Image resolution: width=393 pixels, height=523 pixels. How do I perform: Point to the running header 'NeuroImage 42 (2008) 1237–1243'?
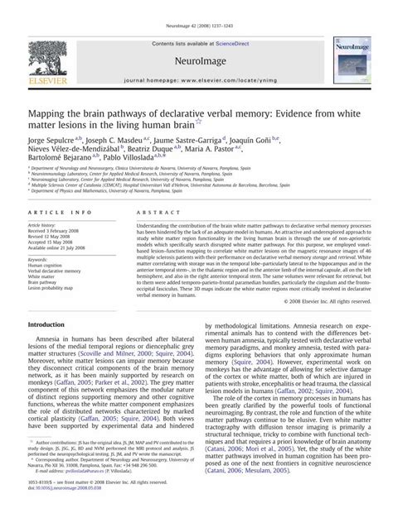[x=196, y=7]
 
